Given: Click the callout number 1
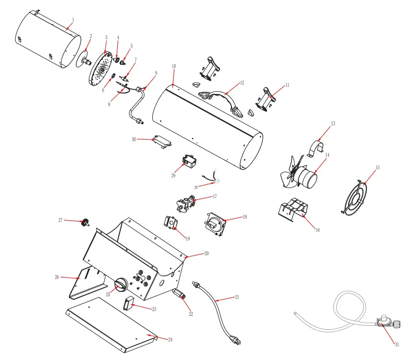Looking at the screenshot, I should (x=73, y=19).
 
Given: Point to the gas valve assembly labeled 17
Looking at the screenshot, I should (x=188, y=203).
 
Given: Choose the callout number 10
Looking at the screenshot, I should (x=174, y=66).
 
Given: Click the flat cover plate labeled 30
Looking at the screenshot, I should (x=162, y=142).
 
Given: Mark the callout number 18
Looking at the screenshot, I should (x=245, y=216).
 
